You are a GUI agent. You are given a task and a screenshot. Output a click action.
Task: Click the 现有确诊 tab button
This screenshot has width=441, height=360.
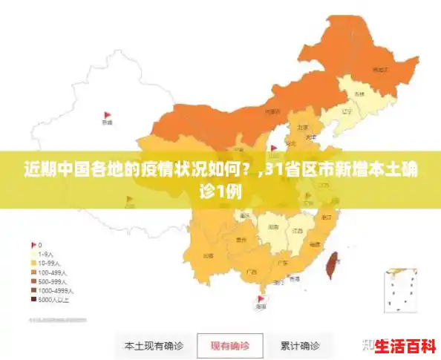click(229, 346)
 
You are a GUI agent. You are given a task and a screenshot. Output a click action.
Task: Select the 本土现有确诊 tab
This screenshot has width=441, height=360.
click(154, 346)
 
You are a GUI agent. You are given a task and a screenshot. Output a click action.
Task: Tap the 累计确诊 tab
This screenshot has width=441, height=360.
click(300, 346)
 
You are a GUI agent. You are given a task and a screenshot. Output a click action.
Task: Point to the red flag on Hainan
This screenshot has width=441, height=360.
click(260, 298)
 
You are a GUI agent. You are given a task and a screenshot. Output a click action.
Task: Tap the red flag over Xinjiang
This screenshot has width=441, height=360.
click(106, 116)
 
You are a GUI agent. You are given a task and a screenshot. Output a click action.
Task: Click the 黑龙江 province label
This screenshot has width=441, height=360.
click(380, 69)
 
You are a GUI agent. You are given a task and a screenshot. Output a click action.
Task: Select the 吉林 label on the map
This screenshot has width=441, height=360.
click(359, 94)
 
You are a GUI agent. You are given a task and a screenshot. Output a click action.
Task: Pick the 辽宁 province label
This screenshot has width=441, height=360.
click(346, 112)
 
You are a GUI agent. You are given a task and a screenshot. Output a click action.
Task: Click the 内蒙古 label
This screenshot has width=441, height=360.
click(272, 112)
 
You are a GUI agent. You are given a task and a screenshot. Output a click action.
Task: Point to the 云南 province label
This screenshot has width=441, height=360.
click(208, 255)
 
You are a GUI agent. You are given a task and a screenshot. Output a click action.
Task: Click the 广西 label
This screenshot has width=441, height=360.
click(250, 272)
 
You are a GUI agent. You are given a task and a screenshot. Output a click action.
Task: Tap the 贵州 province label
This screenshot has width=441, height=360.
click(241, 240)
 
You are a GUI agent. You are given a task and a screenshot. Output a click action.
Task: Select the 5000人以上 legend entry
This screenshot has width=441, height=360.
click(53, 301)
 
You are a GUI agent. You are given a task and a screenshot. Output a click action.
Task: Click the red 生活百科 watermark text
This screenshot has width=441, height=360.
click(405, 347)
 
